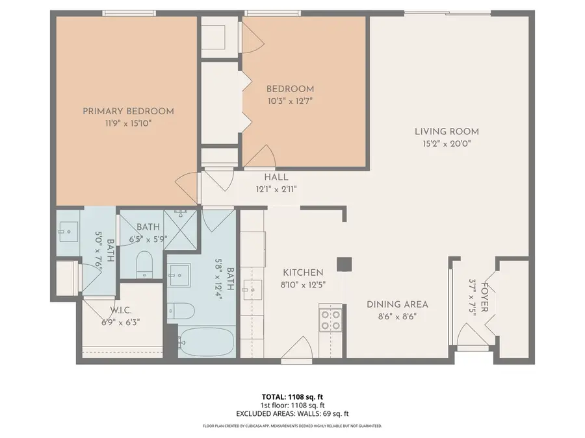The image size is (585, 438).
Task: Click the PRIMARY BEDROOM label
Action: pos(128,111)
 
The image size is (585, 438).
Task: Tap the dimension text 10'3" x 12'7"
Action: pos(290,101)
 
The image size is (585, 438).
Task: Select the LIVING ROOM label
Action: pos(447,132)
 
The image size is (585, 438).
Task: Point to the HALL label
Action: pos(276,177)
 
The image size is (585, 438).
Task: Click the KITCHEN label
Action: pos(302,273)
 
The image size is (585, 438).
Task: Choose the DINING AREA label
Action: pos(397,304)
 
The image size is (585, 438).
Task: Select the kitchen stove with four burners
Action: pos(331,319)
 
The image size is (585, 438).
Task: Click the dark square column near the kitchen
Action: pos(343,264)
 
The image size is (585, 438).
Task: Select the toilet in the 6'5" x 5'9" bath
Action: pos(145,263)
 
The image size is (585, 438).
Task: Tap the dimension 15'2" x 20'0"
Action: pos(447,143)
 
